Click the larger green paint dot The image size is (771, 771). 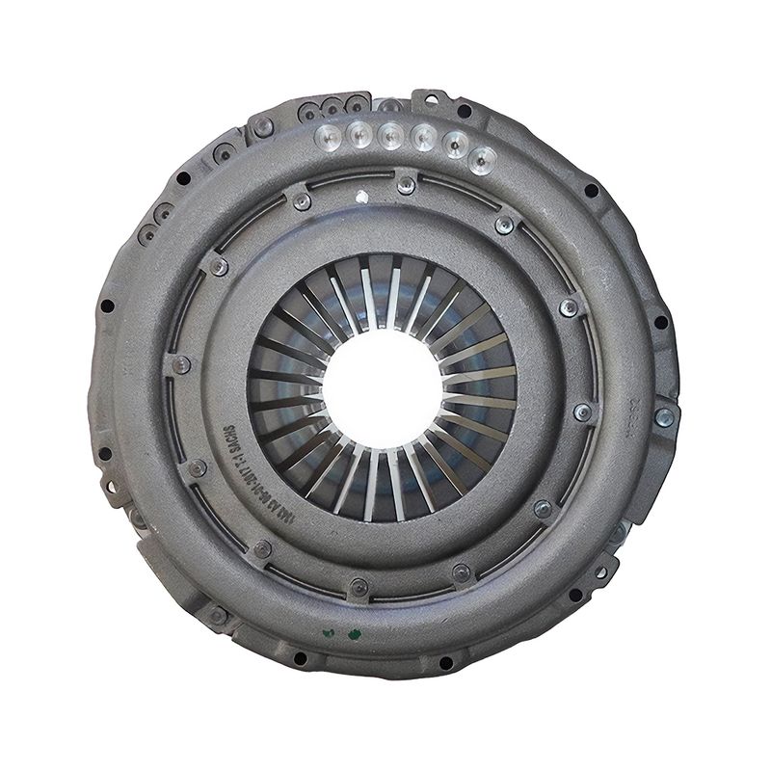(356, 633)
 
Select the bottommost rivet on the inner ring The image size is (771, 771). (359, 586)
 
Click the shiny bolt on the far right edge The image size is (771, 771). (664, 416)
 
